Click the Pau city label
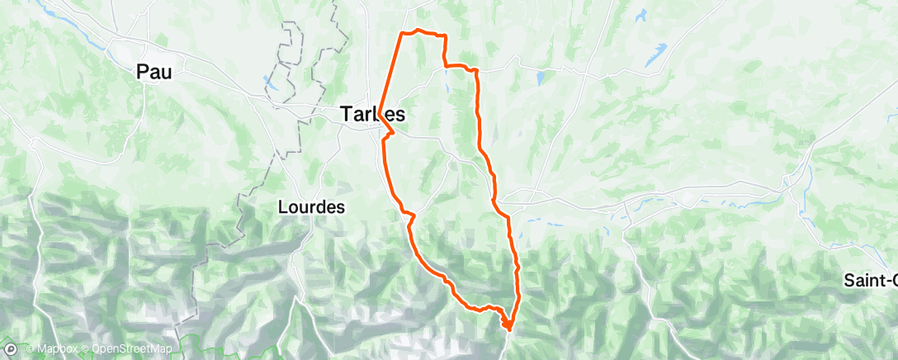click(x=154, y=73)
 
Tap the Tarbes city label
click(x=372, y=115)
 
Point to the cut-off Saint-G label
click(x=870, y=280)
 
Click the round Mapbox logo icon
click(x=12, y=348)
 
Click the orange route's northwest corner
click(x=402, y=33)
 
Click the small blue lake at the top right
click(x=641, y=14)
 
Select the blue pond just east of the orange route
click(x=540, y=78)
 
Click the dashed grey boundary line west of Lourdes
click(x=244, y=198)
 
